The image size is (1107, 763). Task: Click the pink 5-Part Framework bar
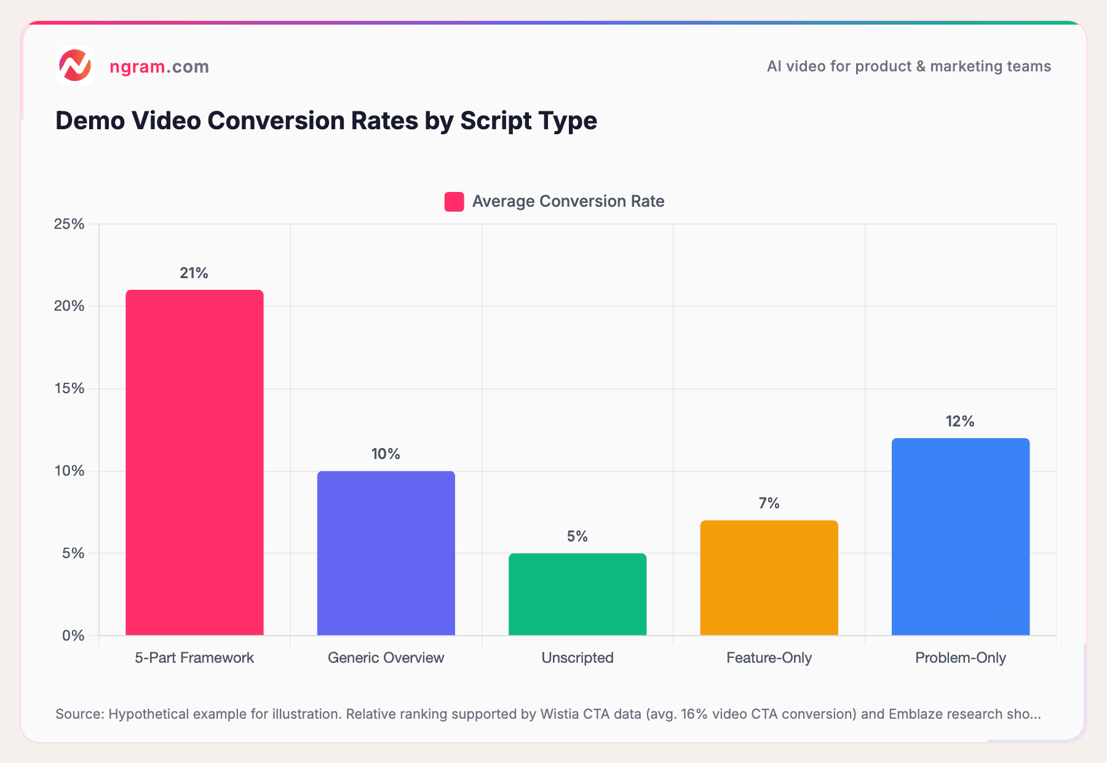pyautogui.click(x=194, y=462)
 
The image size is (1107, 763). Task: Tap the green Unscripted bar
pyautogui.click(x=577, y=594)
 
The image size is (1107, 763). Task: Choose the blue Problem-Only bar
pyautogui.click(x=960, y=536)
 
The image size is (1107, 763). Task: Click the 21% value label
pyautogui.click(x=194, y=273)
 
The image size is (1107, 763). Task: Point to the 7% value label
pyautogui.click(x=769, y=503)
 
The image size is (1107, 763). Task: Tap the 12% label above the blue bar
pyautogui.click(x=960, y=421)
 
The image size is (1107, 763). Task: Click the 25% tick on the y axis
pyautogui.click(x=69, y=224)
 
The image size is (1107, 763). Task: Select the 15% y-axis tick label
pyautogui.click(x=69, y=388)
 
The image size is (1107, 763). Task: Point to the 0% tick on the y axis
pyautogui.click(x=73, y=636)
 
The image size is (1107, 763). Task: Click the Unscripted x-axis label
pyautogui.click(x=577, y=658)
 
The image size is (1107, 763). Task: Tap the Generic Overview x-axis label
pyautogui.click(x=386, y=658)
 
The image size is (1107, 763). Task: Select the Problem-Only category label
pyautogui.click(x=960, y=658)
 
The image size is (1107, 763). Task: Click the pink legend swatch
pyautogui.click(x=454, y=202)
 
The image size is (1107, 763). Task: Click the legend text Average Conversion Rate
pyautogui.click(x=568, y=201)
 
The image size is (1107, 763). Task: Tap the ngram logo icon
pyautogui.click(x=75, y=65)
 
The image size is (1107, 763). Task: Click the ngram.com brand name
pyautogui.click(x=159, y=66)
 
